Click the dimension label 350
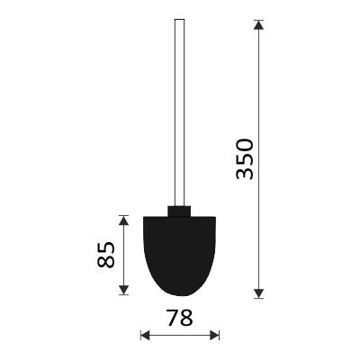pos(245,159)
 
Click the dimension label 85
pos(106,255)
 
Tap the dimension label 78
pos(180,318)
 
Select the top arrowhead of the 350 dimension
pos(258,25)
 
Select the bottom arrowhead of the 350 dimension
pos(258,293)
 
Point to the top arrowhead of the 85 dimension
pos(123,220)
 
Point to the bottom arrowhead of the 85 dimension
pos(123,290)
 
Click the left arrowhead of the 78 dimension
pos(146,335)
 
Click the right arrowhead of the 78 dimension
pos(214,335)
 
